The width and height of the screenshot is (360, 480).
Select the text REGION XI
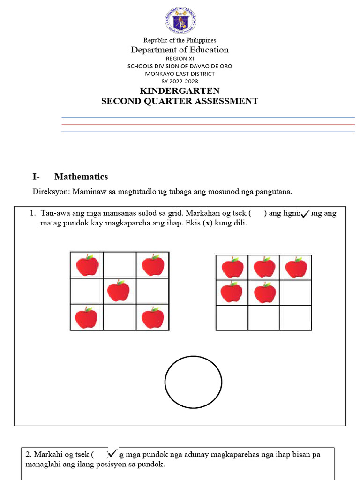click(x=180, y=59)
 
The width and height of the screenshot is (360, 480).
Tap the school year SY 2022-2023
click(x=180, y=81)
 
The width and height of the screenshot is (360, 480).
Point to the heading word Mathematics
click(x=81, y=177)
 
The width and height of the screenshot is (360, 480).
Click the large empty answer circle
click(x=193, y=382)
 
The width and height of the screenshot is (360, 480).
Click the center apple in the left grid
click(x=119, y=291)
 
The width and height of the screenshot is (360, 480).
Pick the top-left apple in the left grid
click(x=87, y=265)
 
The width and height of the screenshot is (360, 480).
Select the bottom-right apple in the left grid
click(x=153, y=317)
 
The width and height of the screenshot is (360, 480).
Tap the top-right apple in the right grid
click(x=296, y=268)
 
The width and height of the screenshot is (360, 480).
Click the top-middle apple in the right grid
click(x=264, y=268)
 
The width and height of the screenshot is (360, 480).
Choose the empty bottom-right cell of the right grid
click(x=295, y=318)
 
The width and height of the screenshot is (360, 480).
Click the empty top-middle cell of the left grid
click(x=120, y=265)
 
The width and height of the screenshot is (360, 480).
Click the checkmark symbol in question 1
click(x=305, y=214)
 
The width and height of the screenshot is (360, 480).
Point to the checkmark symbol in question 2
click(x=112, y=454)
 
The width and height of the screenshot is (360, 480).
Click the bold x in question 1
click(x=208, y=223)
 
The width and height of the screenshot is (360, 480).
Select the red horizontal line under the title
click(x=208, y=124)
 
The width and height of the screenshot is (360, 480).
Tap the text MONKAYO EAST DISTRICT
click(x=180, y=74)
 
